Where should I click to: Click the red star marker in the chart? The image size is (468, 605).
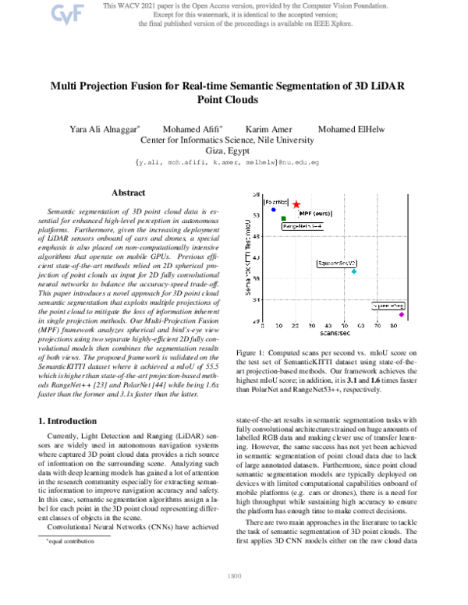296,204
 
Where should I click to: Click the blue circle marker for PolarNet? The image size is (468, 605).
273,210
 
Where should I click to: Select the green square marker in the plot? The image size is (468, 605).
283,218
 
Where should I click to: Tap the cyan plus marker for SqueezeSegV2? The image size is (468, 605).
354,271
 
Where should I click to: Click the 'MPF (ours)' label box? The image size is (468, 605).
316,211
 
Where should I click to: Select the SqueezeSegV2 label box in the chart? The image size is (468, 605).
336,264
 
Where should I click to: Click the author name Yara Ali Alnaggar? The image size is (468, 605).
105,128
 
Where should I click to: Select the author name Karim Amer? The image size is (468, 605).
267,128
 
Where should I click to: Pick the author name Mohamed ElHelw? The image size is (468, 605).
349,128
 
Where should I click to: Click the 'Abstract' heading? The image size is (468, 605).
128,192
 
